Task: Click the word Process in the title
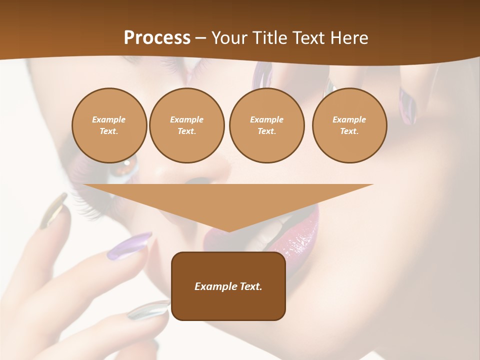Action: click(x=157, y=38)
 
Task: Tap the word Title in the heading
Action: click(x=270, y=38)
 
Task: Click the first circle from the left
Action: click(x=109, y=125)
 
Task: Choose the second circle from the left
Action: click(x=186, y=125)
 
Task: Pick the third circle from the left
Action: click(x=266, y=125)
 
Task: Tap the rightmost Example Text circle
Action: click(x=349, y=125)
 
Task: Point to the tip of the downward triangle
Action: click(x=228, y=230)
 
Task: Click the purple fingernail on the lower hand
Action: click(x=129, y=246)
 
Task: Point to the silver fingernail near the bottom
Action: click(x=148, y=310)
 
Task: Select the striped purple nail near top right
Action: click(x=407, y=105)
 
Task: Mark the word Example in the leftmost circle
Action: click(x=109, y=119)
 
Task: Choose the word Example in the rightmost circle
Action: click(x=349, y=119)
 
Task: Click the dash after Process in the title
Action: click(x=200, y=38)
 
